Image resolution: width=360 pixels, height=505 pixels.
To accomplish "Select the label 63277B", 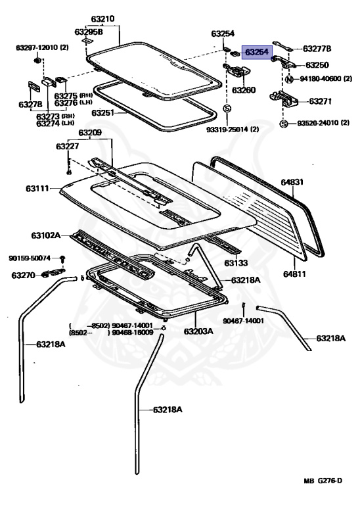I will (317, 48).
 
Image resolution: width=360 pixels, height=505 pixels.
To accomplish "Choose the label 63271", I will (320, 101).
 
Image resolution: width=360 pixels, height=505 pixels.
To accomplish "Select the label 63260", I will (243, 90).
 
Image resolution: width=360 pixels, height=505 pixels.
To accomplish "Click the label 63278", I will (30, 105).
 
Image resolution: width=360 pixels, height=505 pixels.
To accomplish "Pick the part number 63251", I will (103, 113).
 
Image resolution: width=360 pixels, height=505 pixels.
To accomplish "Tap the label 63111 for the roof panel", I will (38, 189).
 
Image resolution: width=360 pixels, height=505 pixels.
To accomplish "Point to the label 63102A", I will (45, 235).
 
